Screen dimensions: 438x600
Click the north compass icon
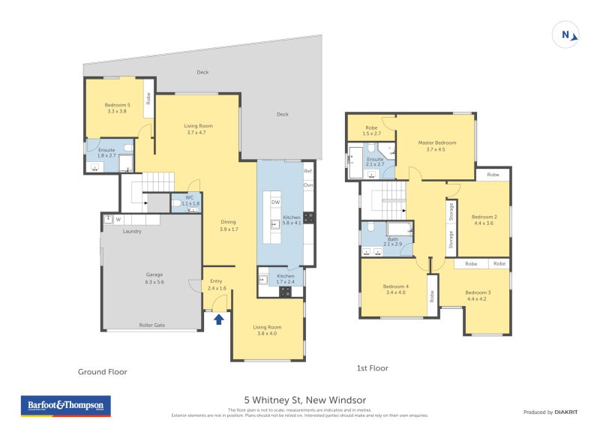pyautogui.click(x=566, y=34)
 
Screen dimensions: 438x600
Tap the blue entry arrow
pyautogui.click(x=219, y=319)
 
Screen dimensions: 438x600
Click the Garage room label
pyautogui.click(x=154, y=278)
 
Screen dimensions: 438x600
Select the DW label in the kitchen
pyautogui.click(x=275, y=202)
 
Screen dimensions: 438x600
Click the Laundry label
pyautogui.click(x=133, y=231)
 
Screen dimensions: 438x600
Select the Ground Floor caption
pyautogui.click(x=103, y=371)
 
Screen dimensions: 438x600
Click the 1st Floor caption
pyautogui.click(x=372, y=368)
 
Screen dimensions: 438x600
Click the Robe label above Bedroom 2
pyautogui.click(x=493, y=174)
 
